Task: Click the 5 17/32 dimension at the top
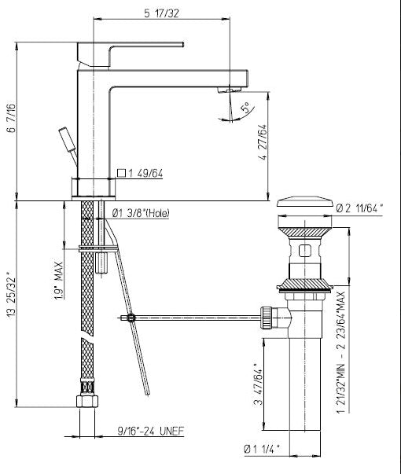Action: pyautogui.click(x=161, y=13)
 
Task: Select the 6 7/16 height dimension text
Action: pyautogui.click(x=11, y=118)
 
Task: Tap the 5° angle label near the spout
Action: pyautogui.click(x=246, y=108)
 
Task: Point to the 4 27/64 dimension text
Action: pyautogui.click(x=263, y=142)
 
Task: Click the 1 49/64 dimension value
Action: pyautogui.click(x=145, y=174)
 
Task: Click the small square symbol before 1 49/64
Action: pyautogui.click(x=121, y=173)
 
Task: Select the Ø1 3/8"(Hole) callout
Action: pyautogui.click(x=141, y=213)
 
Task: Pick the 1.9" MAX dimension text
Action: pyautogui.click(x=59, y=281)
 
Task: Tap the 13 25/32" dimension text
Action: pyautogui.click(x=11, y=296)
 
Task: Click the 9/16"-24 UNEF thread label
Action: pyautogui.click(x=151, y=431)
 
